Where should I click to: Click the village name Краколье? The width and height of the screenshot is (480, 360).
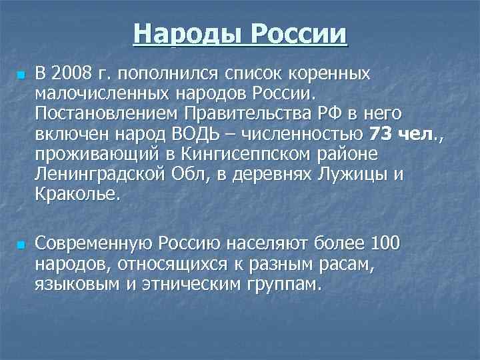pyautogui.click(x=79, y=196)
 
